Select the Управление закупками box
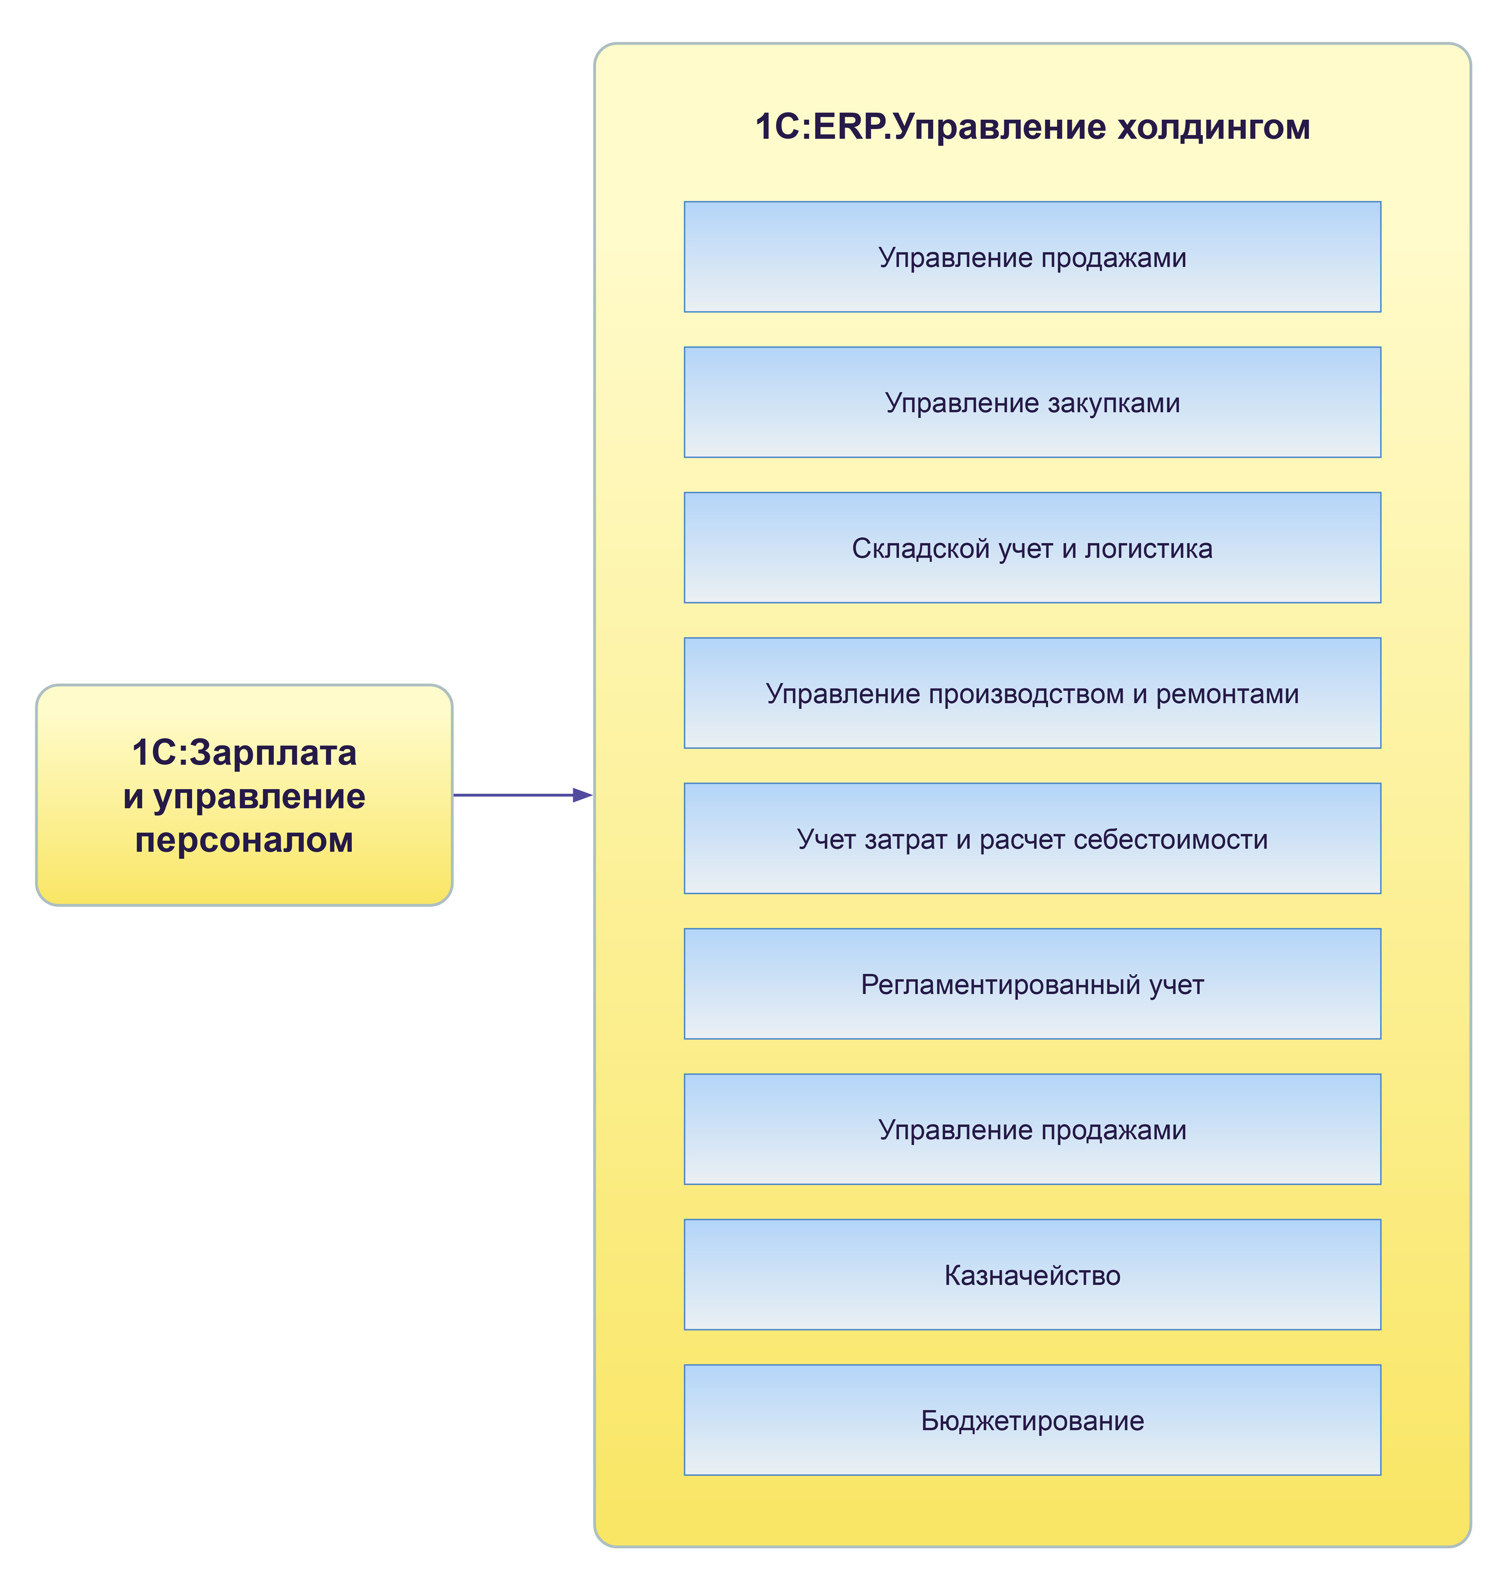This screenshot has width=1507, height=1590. coord(1032,402)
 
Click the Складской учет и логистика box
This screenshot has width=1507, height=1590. coord(1032,548)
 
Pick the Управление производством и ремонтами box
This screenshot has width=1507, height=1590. coord(1032,693)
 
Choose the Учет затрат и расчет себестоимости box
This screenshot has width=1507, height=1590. coord(1032,838)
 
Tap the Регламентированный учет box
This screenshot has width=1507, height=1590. coord(1032,984)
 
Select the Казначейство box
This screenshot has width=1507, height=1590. coord(1032,1274)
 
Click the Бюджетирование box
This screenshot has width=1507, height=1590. coord(1032,1420)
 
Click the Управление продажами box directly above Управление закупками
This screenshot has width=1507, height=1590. coord(1032,257)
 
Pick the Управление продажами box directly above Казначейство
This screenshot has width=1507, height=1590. coord(1032,1129)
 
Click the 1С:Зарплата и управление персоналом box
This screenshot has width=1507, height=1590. coord(244,795)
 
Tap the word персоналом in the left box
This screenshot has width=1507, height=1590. coord(244,840)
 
